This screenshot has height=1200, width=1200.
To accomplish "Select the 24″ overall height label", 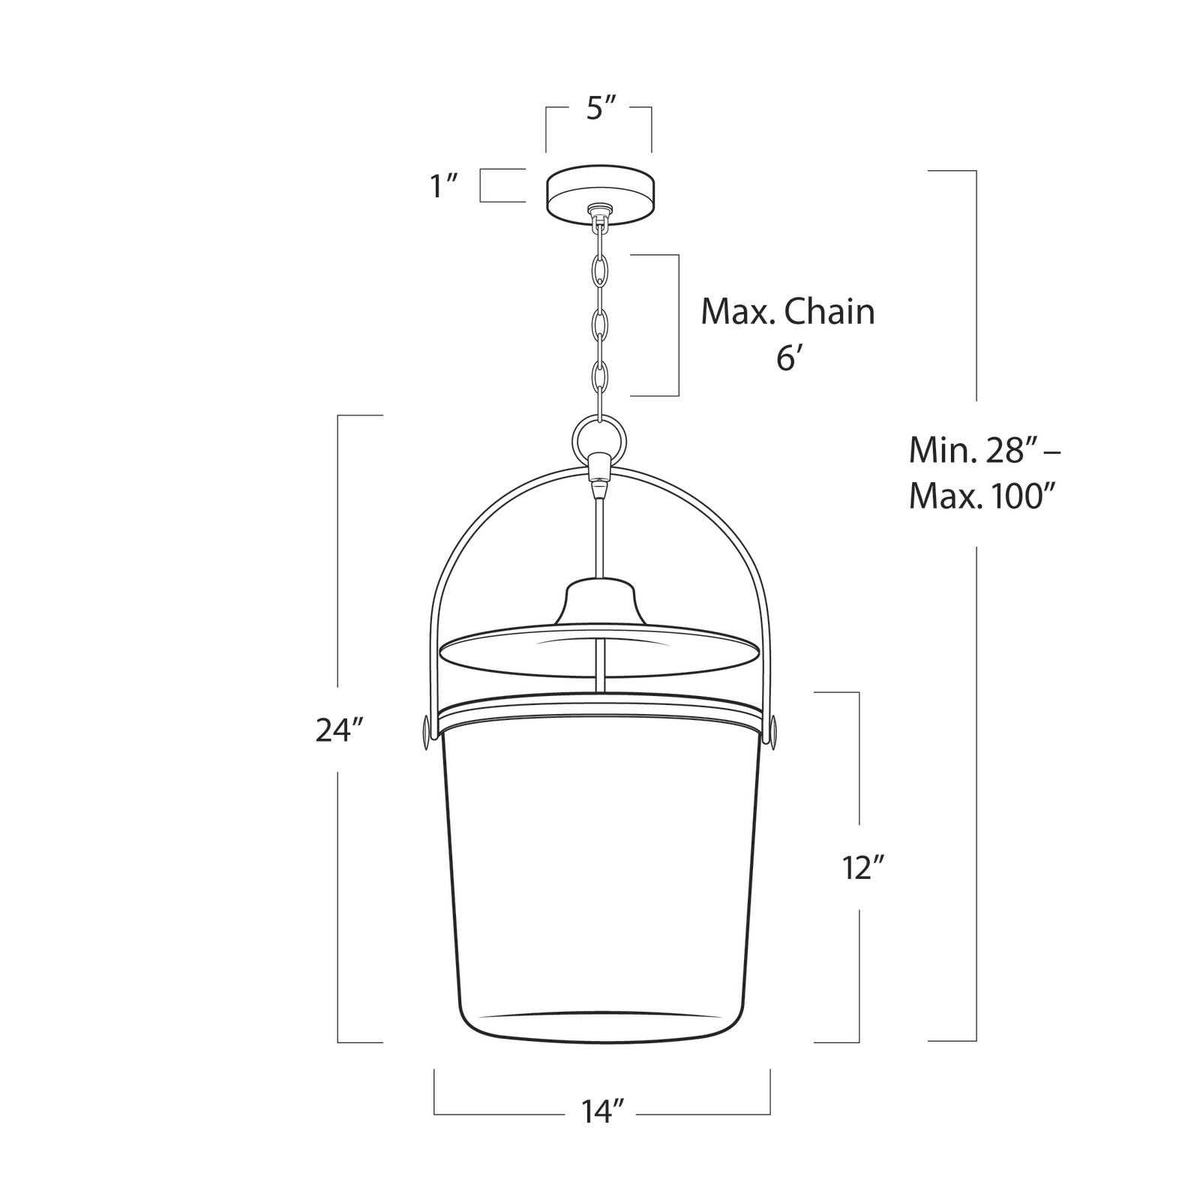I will (x=339, y=730).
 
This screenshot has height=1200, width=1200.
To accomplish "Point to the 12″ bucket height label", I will (x=863, y=868).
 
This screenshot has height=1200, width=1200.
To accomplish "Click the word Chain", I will (x=830, y=312).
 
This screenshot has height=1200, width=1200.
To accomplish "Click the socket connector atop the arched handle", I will (x=598, y=468).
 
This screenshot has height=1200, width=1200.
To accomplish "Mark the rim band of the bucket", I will (x=598, y=711).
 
